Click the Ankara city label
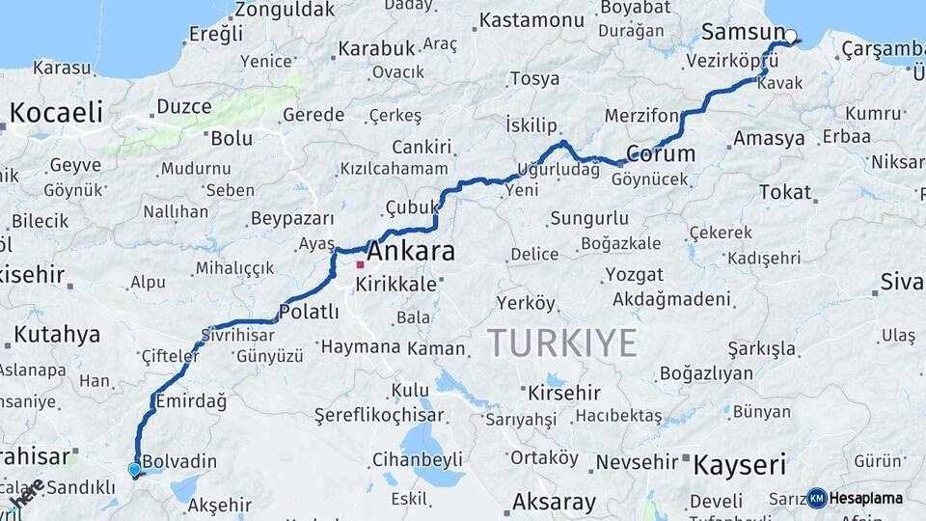pos(411,252)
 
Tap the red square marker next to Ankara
pos(360,264)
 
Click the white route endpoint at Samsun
pos(791,38)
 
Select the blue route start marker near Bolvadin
pos(134,469)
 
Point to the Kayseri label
pos(740,464)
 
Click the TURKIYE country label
pos(561,343)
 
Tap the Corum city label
pos(661,153)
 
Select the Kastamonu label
pos(531,20)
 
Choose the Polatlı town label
pos(309,312)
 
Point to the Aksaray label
pos(554,502)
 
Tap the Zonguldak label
pos(285,10)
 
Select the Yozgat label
pos(635,274)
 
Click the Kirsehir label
pos(564,393)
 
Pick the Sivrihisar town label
pos(237,336)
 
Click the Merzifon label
pos(641,116)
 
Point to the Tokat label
pos(785,192)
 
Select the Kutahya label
pos(58,335)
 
